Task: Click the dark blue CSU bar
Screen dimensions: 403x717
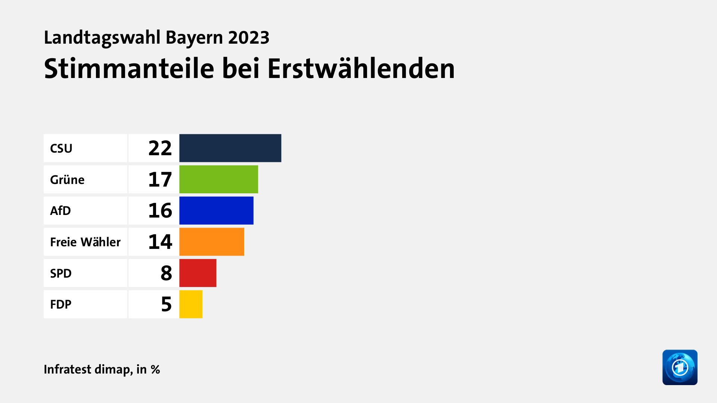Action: pos(230,148)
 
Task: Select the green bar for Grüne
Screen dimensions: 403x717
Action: pos(218,179)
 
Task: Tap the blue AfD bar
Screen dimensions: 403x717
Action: pos(216,210)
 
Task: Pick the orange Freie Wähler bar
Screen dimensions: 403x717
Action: pos(212,242)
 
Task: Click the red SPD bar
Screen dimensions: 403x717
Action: pos(198,273)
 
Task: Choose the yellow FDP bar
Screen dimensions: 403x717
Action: pos(191,304)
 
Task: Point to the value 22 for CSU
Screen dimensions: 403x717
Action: pos(160,148)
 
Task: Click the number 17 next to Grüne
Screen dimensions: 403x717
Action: pos(160,179)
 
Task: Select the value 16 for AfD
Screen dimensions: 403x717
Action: pos(160,210)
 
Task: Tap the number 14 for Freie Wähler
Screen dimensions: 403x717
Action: pos(160,242)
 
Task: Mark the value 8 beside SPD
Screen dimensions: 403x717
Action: pos(166,273)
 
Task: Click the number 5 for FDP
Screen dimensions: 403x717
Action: pos(166,304)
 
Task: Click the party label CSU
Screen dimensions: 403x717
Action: pos(61,149)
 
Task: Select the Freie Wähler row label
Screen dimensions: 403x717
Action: pos(85,242)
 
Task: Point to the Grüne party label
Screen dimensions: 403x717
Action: pos(67,180)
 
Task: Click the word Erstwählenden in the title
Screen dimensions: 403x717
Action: pos(361,69)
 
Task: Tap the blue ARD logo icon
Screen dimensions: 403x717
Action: pos(680,367)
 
